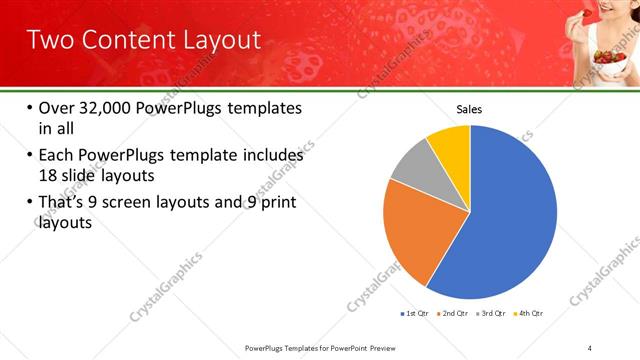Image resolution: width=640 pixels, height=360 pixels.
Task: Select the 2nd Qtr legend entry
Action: pos(454,313)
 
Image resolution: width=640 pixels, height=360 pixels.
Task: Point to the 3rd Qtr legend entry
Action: pos(493,313)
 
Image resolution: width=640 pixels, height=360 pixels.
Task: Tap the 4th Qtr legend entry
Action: pos(531,313)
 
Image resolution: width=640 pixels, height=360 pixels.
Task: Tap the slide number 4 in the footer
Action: pos(590,347)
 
